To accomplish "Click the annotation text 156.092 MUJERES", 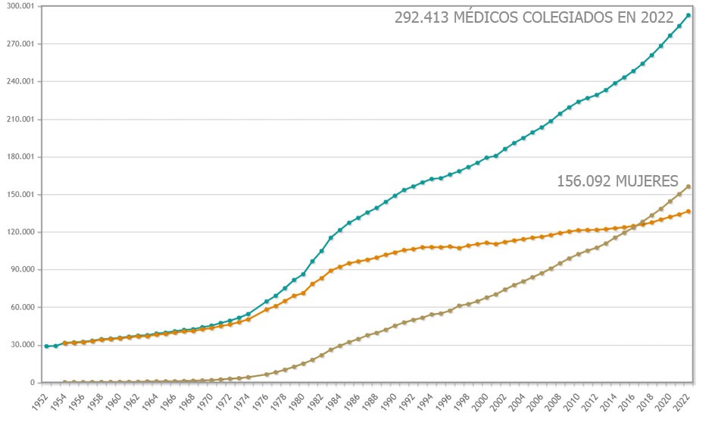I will click(617, 181).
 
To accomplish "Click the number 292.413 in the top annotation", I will click(421, 18).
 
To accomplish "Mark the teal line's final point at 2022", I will click(688, 15).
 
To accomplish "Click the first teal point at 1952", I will click(46, 346).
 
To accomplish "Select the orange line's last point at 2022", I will click(688, 211).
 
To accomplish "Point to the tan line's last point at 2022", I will click(688, 186).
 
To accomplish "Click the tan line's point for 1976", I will click(266, 374).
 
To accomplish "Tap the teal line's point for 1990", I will click(395, 196).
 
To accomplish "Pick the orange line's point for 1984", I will click(339, 267).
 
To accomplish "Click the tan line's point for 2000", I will click(486, 297).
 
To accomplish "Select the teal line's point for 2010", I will click(578, 102).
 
